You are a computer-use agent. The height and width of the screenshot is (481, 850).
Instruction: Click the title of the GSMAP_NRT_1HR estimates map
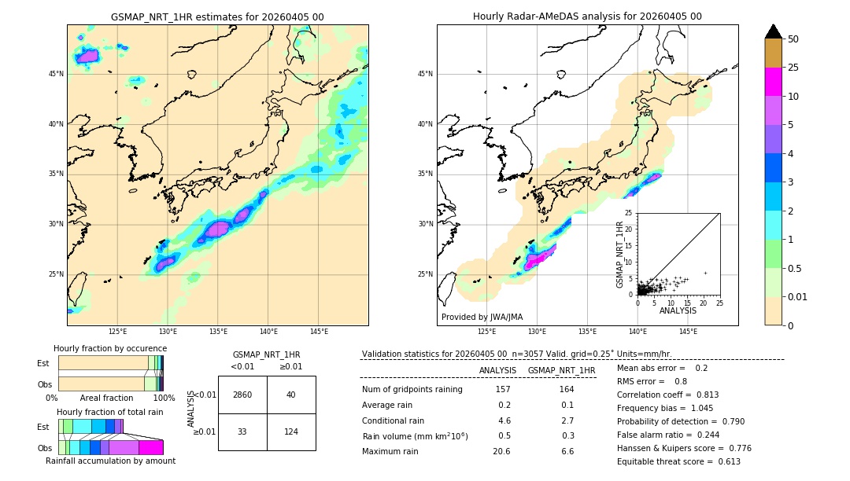pos(217,17)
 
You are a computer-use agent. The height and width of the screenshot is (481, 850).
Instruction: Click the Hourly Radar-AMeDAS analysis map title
pos(587,17)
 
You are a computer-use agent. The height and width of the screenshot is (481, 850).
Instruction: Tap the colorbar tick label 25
pos(793,68)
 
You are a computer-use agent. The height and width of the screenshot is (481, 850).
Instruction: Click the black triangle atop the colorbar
pos(774,31)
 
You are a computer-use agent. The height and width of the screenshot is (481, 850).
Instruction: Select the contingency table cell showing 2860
pos(242,395)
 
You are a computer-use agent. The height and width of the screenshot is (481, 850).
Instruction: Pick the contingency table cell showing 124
pos(291,431)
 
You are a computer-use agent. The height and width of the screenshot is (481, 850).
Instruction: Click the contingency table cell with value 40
pos(291,395)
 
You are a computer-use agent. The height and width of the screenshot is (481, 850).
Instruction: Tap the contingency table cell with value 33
pos(242,431)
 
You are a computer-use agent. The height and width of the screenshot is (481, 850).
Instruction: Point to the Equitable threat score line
pos(678,462)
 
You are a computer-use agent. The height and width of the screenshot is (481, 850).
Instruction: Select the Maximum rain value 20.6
pos(501,452)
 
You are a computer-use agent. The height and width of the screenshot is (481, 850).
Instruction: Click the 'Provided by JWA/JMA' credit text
pos(482,318)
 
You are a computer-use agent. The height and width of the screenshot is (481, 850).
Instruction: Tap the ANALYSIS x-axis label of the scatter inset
pos(678,310)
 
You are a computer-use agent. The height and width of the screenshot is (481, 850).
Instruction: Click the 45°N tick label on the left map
pos(56,74)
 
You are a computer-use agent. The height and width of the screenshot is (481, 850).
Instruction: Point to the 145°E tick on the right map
pos(688,332)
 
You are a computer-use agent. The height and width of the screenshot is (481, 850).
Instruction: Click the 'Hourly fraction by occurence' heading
pos(110,348)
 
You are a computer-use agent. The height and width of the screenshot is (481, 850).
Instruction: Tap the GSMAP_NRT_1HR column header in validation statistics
pos(561,370)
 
